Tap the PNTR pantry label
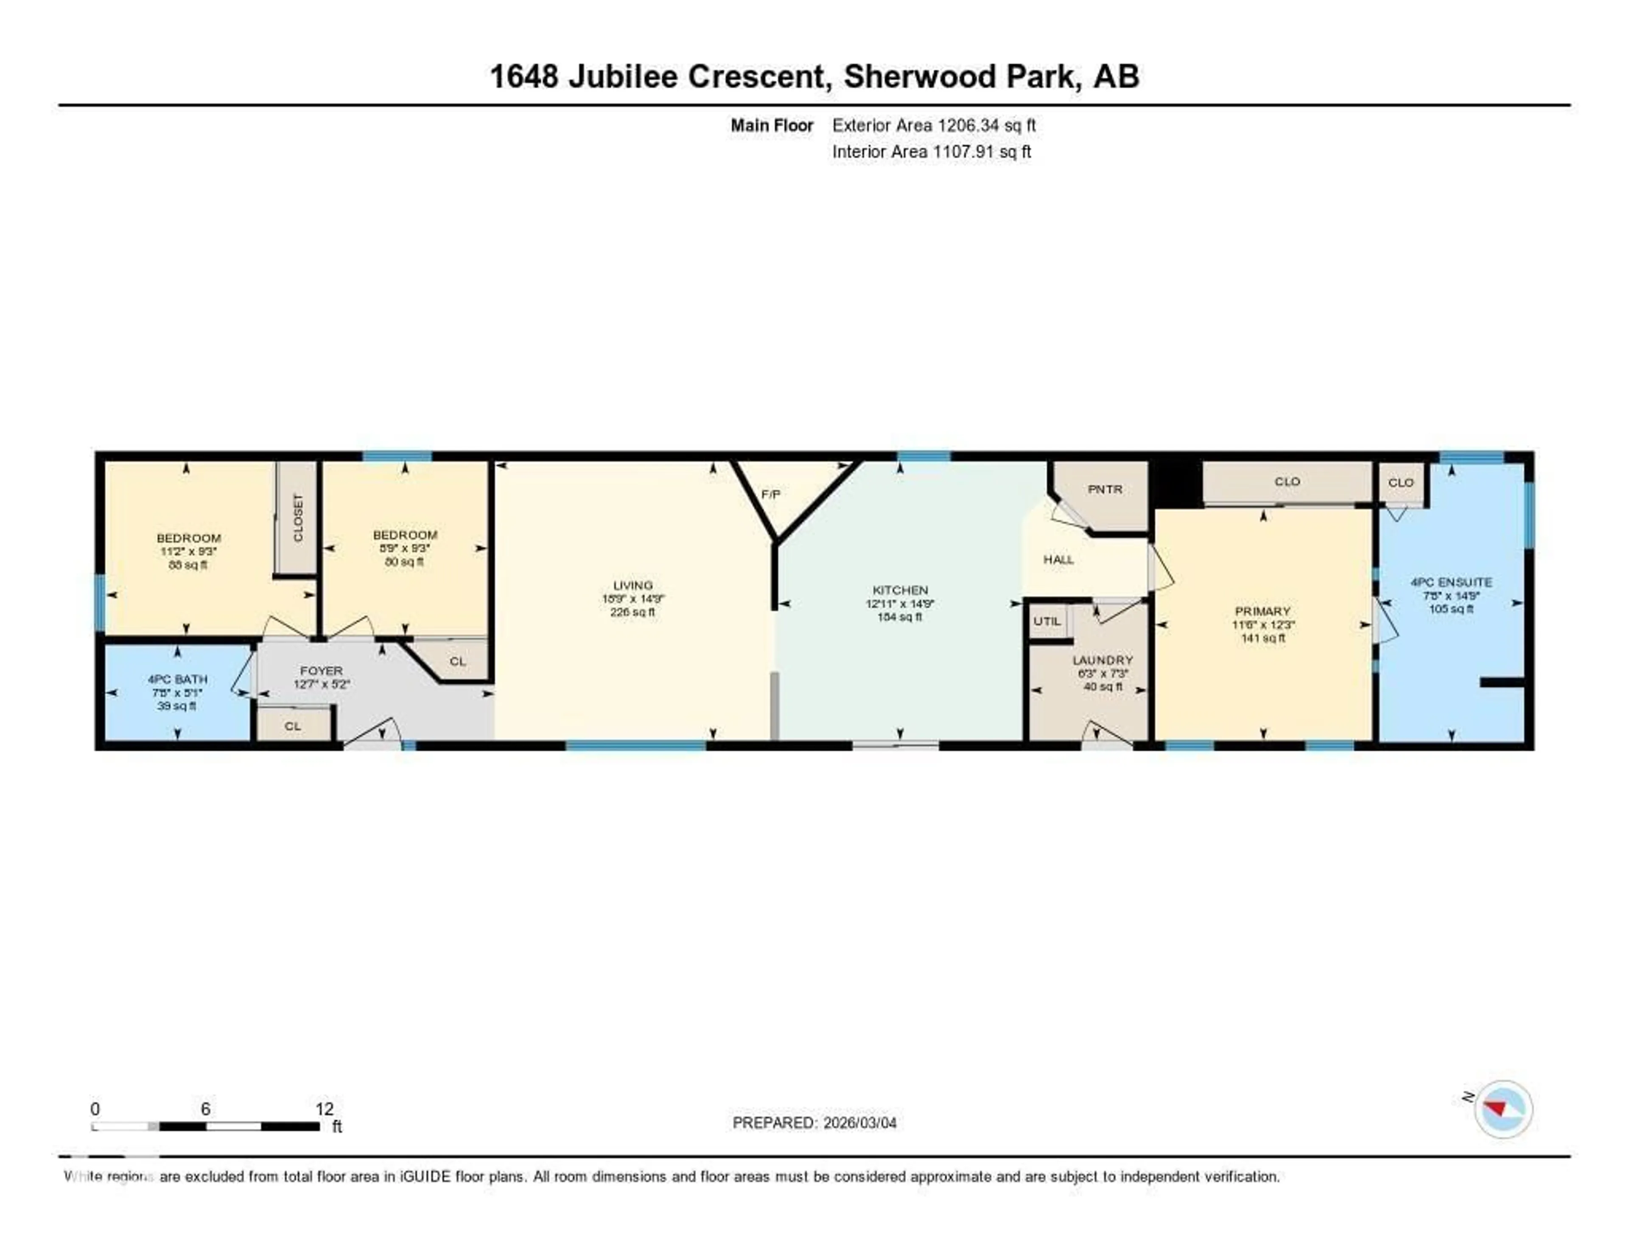click(x=1105, y=489)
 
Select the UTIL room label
click(x=1047, y=621)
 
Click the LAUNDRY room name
click(x=1103, y=660)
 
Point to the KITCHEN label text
click(x=900, y=590)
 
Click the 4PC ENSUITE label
click(x=1451, y=582)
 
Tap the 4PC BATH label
click(x=177, y=679)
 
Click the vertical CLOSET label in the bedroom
click(x=298, y=517)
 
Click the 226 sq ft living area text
click(x=633, y=612)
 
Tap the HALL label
click(x=1058, y=559)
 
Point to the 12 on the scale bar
click(x=325, y=1109)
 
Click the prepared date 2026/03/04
click(x=859, y=1123)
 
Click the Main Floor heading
click(x=771, y=125)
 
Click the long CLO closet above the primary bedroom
click(x=1288, y=482)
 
